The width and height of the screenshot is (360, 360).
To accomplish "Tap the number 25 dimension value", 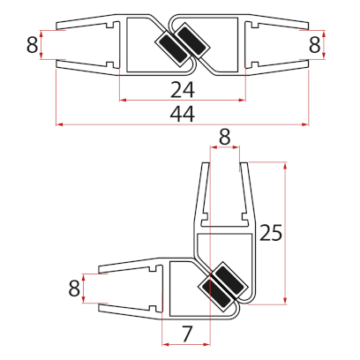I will click(x=271, y=233).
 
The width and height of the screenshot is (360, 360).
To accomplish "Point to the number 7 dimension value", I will click(x=186, y=333).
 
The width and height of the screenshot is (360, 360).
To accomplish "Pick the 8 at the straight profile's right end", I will click(x=314, y=44).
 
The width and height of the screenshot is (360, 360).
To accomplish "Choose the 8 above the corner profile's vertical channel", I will click(x=224, y=137).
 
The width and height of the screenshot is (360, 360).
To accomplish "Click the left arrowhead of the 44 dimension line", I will click(x=59, y=124).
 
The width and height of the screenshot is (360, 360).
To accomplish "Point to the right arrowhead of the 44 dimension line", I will click(x=306, y=124).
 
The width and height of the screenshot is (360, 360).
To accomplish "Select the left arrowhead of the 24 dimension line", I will click(x=121, y=101).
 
